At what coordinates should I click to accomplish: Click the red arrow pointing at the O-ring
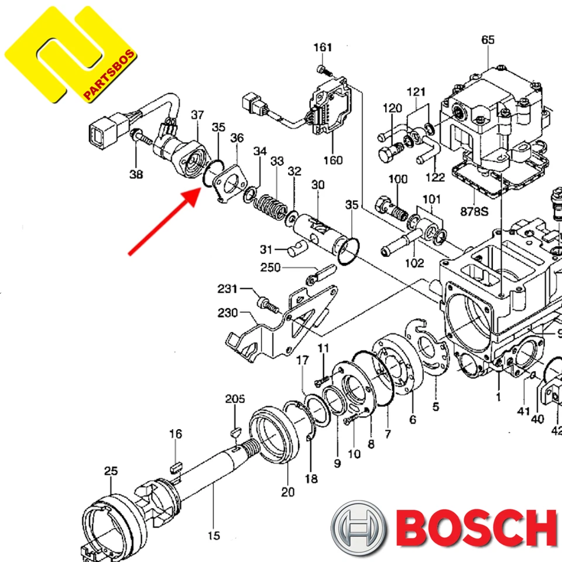point(163,222)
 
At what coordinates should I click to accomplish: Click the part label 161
point(323,47)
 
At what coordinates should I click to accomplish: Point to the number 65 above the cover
point(488,40)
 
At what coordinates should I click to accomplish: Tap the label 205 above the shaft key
point(235,399)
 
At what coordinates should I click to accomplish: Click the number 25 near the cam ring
point(111,471)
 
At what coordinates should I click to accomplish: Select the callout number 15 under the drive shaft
point(214,535)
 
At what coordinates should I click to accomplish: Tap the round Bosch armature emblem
point(358,528)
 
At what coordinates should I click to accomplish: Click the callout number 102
point(414,263)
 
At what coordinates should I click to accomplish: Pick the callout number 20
point(287,492)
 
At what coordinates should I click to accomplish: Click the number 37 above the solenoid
point(197,114)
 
